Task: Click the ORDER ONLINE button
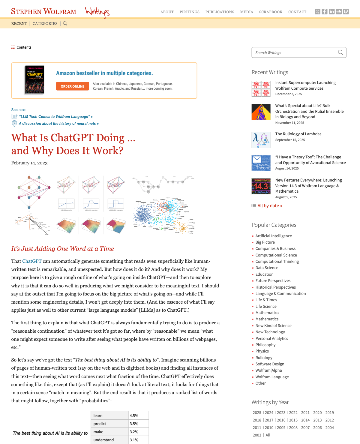click(72, 86)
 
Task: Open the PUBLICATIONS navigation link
click(220, 12)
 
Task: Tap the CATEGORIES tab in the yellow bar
click(45, 23)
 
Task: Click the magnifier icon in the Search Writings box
click(340, 52)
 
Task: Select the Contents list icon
click(13, 47)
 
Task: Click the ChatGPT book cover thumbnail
click(34, 80)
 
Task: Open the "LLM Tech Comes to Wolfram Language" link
click(55, 117)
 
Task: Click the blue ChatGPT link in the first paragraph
click(32, 261)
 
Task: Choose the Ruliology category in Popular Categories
click(264, 358)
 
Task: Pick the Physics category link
click(262, 351)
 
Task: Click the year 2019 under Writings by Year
click(329, 412)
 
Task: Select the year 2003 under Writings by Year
click(257, 435)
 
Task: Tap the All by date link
click(270, 206)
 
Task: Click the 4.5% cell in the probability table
click(134, 415)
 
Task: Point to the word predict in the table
click(100, 424)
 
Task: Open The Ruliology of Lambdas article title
click(298, 134)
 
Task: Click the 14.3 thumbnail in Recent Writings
click(261, 186)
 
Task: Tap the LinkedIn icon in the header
click(331, 12)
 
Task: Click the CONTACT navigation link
click(297, 12)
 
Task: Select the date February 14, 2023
click(29, 163)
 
